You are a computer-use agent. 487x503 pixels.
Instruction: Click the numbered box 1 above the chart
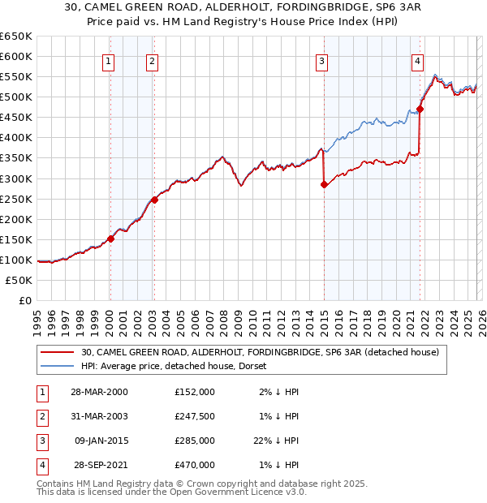click(x=109, y=60)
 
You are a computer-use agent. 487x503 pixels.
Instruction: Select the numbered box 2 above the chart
click(x=152, y=60)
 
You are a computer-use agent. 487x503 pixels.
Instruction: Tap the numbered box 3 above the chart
click(x=322, y=60)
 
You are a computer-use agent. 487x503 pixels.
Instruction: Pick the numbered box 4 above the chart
click(x=417, y=60)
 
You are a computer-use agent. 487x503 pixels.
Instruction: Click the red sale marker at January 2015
click(x=324, y=184)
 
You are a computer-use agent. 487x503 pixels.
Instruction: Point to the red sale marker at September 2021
click(x=420, y=109)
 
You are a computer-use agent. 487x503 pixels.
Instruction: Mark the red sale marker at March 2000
click(x=111, y=239)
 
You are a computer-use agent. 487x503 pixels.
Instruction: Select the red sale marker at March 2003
click(x=154, y=200)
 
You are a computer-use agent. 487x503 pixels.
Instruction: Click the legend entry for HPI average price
click(x=179, y=366)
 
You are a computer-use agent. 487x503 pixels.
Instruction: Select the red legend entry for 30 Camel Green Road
click(x=260, y=352)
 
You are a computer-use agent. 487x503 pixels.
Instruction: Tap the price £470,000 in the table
click(x=195, y=465)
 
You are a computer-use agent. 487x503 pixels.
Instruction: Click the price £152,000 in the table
click(x=195, y=392)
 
